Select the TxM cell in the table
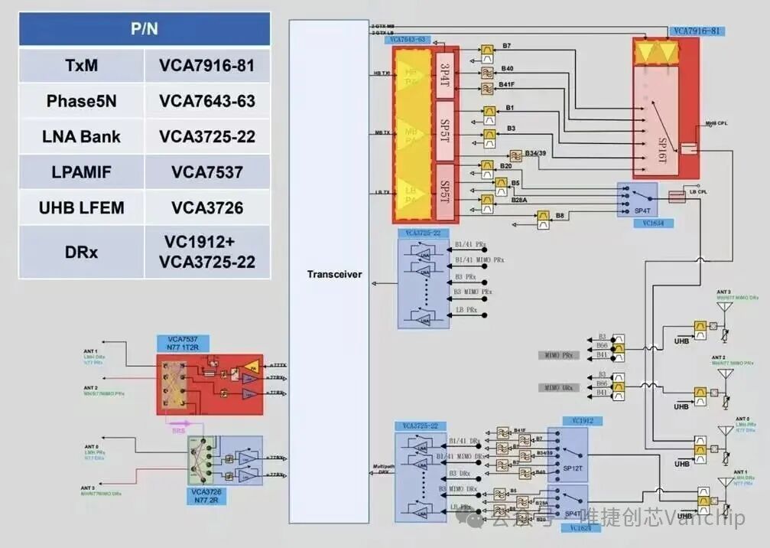[x=82, y=66]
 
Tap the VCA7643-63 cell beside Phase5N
[x=206, y=101]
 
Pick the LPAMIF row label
[x=82, y=171]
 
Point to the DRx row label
[x=82, y=251]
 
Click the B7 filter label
[x=506, y=47]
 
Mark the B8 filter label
[x=560, y=217]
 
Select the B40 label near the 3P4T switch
[x=507, y=69]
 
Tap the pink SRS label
[x=179, y=430]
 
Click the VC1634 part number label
[x=642, y=223]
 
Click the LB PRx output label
[x=466, y=310]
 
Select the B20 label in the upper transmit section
[x=506, y=166]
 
